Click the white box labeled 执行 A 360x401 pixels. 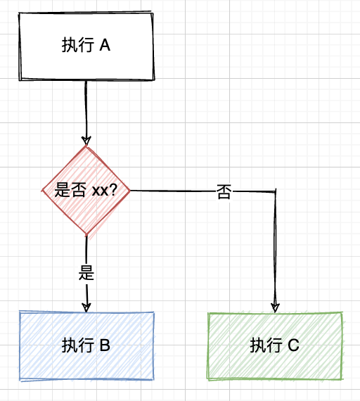pos(86,46)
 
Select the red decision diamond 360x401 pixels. pos(86,190)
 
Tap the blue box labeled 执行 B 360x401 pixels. pos(86,345)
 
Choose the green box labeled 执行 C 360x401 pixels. pos(275,345)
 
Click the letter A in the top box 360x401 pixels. pos(105,46)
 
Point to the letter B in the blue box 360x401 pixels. pos(105,345)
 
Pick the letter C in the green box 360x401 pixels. pos(293,345)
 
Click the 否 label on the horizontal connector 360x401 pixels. pos(224,192)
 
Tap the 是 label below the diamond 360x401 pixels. pos(86,273)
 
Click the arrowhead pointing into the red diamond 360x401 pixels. pos(86,141)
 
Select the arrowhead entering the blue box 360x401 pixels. pos(86,307)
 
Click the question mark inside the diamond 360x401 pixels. pos(112,190)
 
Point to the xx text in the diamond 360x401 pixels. pos(100,191)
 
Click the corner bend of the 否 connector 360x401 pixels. pos(276,191)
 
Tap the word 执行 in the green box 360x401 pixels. pos(266,345)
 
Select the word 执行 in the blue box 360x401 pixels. pos(78,345)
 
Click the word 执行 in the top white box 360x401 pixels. pos(78,46)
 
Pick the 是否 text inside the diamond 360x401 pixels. pos(70,190)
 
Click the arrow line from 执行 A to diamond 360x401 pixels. pos(86,113)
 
